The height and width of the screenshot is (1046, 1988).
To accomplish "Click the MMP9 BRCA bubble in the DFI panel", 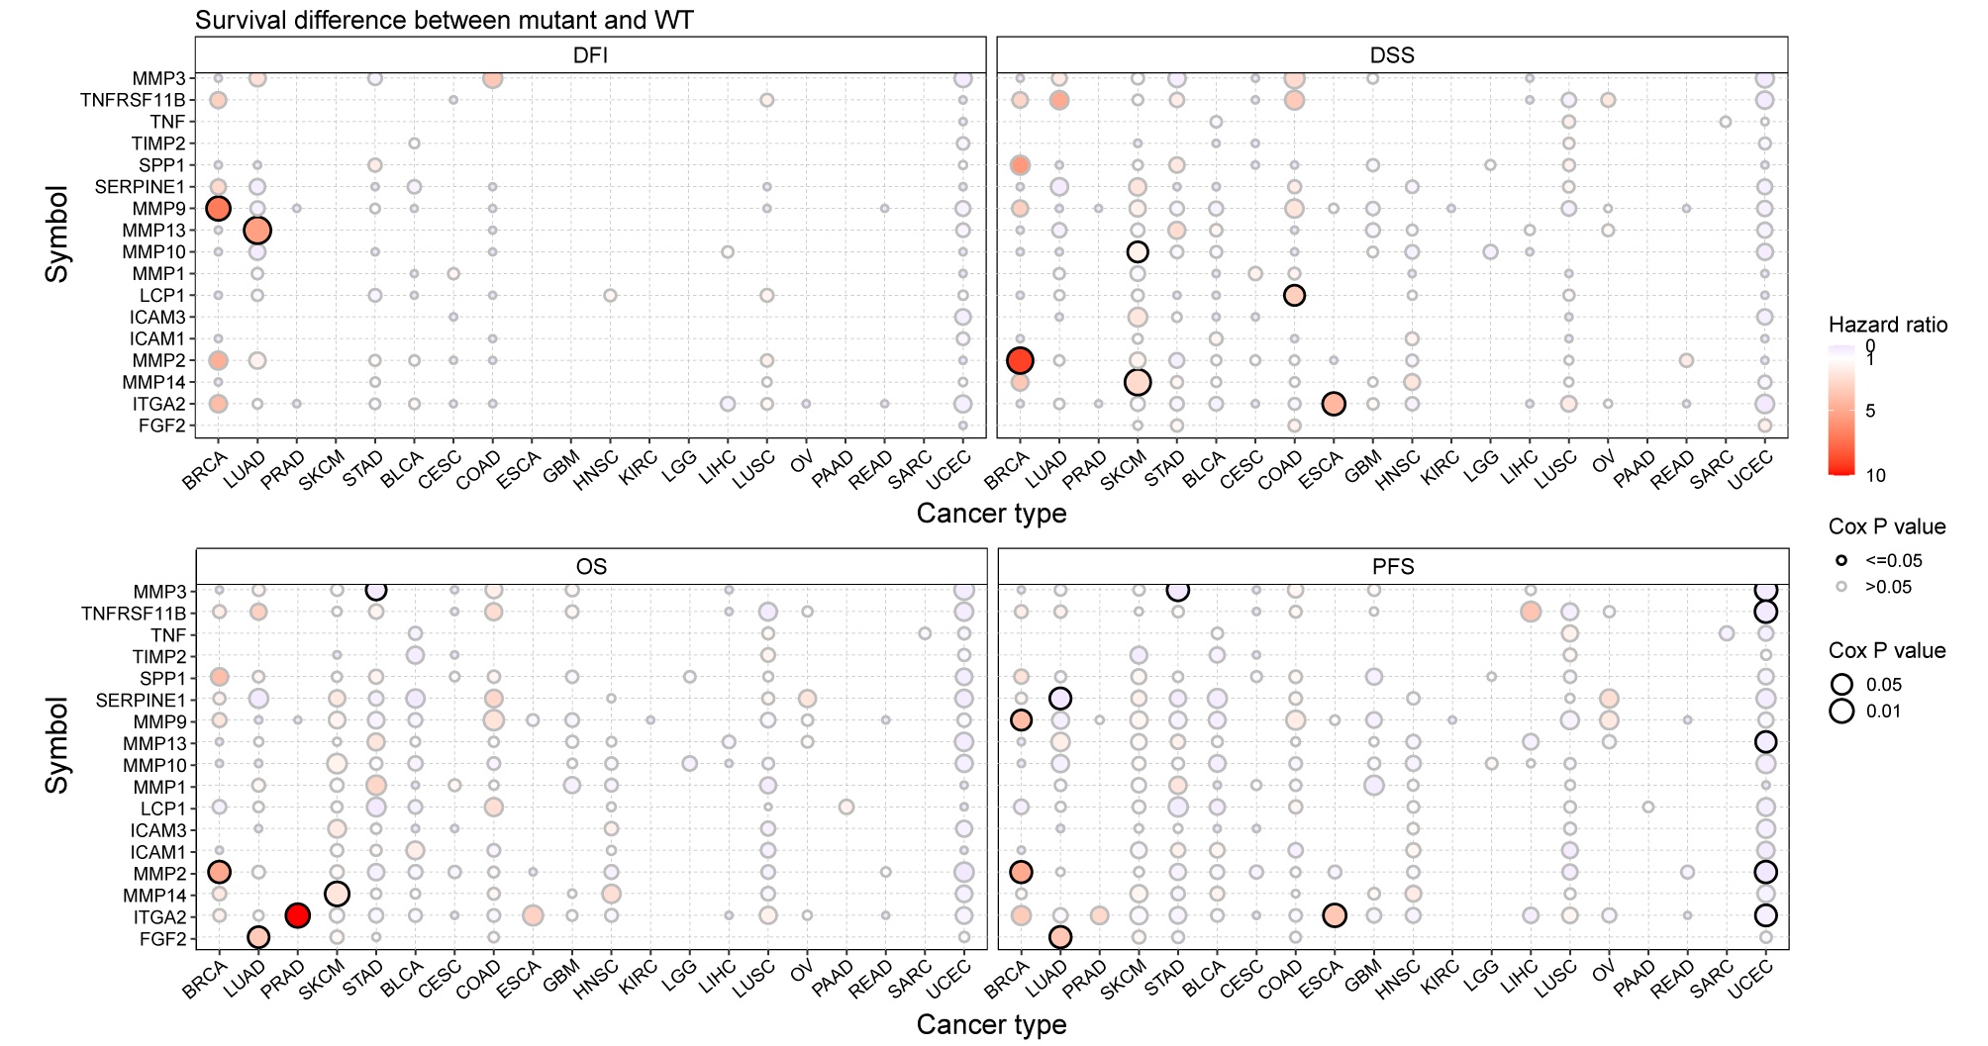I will [218, 209].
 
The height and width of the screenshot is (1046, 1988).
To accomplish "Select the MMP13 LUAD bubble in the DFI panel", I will [256, 231].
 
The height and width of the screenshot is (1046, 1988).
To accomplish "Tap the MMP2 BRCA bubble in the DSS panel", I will [1020, 360].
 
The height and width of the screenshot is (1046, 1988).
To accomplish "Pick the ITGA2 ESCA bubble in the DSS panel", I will [1334, 404].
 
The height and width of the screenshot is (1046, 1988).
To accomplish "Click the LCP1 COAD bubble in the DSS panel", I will [1294, 295].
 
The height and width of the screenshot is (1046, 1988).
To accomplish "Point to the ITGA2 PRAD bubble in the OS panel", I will [297, 915].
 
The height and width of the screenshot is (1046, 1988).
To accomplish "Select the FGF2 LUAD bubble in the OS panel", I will [258, 937].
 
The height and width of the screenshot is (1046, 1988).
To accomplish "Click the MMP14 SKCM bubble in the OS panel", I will [337, 894].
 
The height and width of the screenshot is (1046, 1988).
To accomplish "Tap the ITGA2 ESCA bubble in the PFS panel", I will [1334, 915].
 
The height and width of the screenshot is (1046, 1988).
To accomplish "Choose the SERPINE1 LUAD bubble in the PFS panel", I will [1060, 699].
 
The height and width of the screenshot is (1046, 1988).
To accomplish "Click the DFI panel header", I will [591, 55].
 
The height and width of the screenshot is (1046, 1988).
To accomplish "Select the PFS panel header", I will [1393, 567].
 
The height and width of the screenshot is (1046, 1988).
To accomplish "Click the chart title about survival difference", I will [444, 20].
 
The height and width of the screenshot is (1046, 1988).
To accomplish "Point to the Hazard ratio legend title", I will [1887, 325].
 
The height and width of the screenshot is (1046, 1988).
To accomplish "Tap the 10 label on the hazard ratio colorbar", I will [1875, 475].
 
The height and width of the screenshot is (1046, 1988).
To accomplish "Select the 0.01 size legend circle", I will [1841, 712].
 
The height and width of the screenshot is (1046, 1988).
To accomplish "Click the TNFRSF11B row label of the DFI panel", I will [133, 100].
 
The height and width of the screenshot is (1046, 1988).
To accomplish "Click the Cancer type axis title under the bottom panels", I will [991, 1024].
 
